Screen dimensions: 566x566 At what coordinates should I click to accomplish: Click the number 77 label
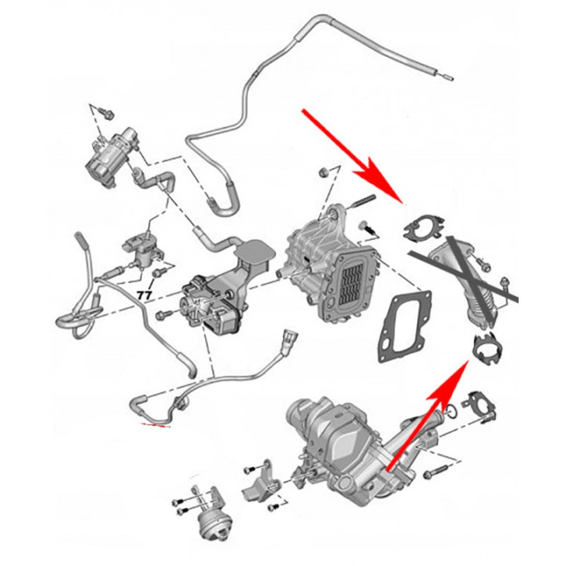point(145,296)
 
